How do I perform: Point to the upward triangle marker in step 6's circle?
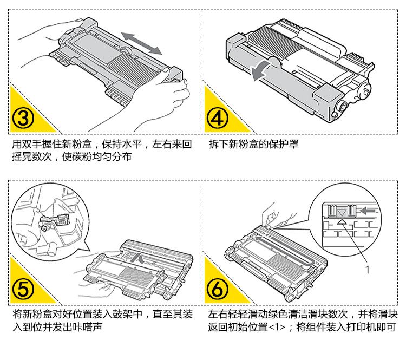(x=341, y=220)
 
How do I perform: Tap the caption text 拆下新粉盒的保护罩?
(x=253, y=145)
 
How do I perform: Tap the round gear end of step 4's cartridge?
(x=342, y=106)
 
